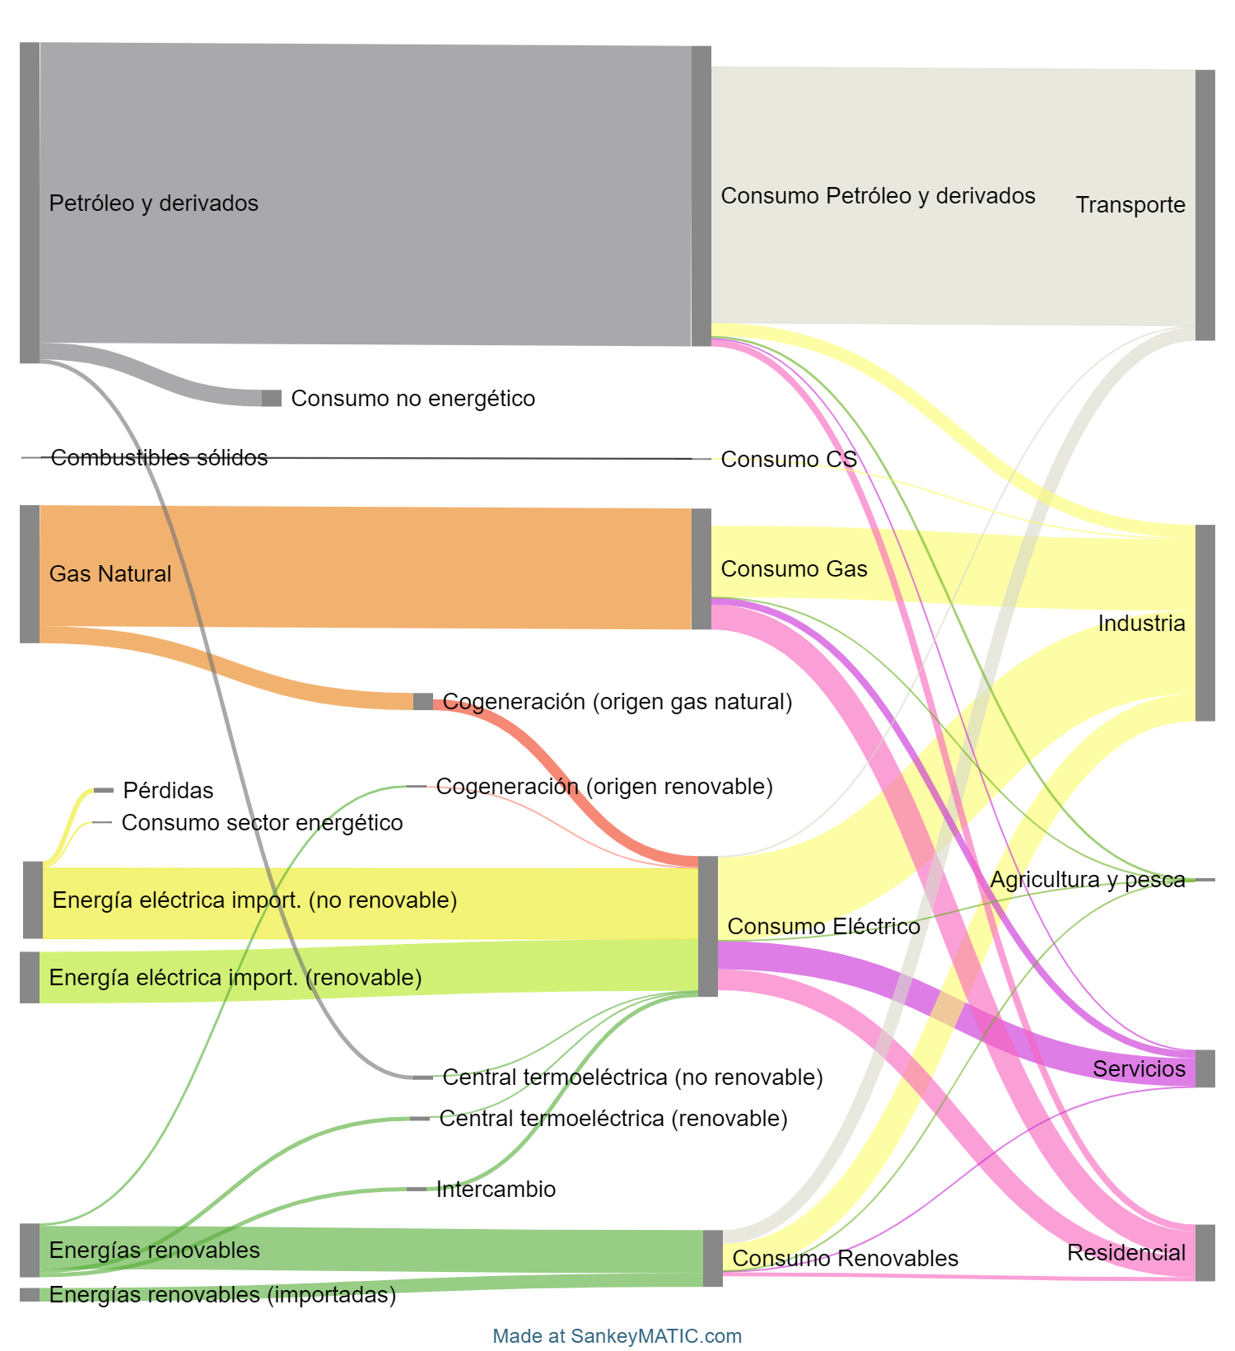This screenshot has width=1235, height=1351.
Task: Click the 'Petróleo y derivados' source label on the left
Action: (153, 203)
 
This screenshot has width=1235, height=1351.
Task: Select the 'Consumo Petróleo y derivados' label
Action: (878, 196)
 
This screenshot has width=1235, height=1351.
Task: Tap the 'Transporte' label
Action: (1130, 205)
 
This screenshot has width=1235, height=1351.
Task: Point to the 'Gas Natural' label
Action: (110, 574)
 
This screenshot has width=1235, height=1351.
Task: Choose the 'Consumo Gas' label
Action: (794, 569)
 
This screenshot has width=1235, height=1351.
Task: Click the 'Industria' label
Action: (1142, 624)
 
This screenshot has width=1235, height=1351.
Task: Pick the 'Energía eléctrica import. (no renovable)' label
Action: (254, 900)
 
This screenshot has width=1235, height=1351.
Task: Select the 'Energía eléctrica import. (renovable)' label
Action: (235, 978)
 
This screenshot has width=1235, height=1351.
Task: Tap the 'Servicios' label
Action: (1139, 1069)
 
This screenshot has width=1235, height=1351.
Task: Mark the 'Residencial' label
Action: (1127, 1253)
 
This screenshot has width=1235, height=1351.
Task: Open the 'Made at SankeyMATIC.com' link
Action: (617, 1336)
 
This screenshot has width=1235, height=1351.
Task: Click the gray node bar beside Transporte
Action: (1205, 204)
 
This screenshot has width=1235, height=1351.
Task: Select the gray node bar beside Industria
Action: (1205, 623)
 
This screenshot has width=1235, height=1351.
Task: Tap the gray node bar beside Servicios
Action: (1205, 1068)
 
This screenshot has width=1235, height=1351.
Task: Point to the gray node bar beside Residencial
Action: (1205, 1252)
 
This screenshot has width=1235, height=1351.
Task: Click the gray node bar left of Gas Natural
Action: (30, 573)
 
